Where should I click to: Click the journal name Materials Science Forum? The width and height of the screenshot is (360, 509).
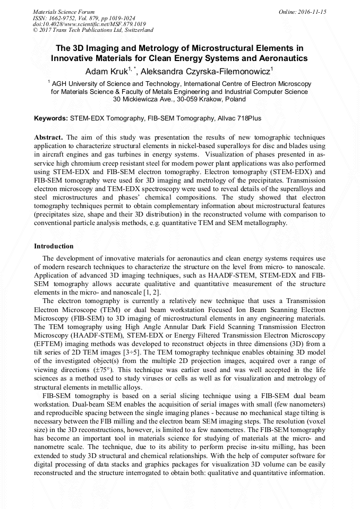[x=64, y=11]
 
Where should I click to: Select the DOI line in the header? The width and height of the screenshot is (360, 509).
[x=82, y=24]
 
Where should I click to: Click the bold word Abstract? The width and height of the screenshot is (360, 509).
[x=49, y=136]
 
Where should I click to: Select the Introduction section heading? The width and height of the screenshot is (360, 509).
[x=54, y=246]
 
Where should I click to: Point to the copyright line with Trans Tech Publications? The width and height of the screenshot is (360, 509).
[x=93, y=30]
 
